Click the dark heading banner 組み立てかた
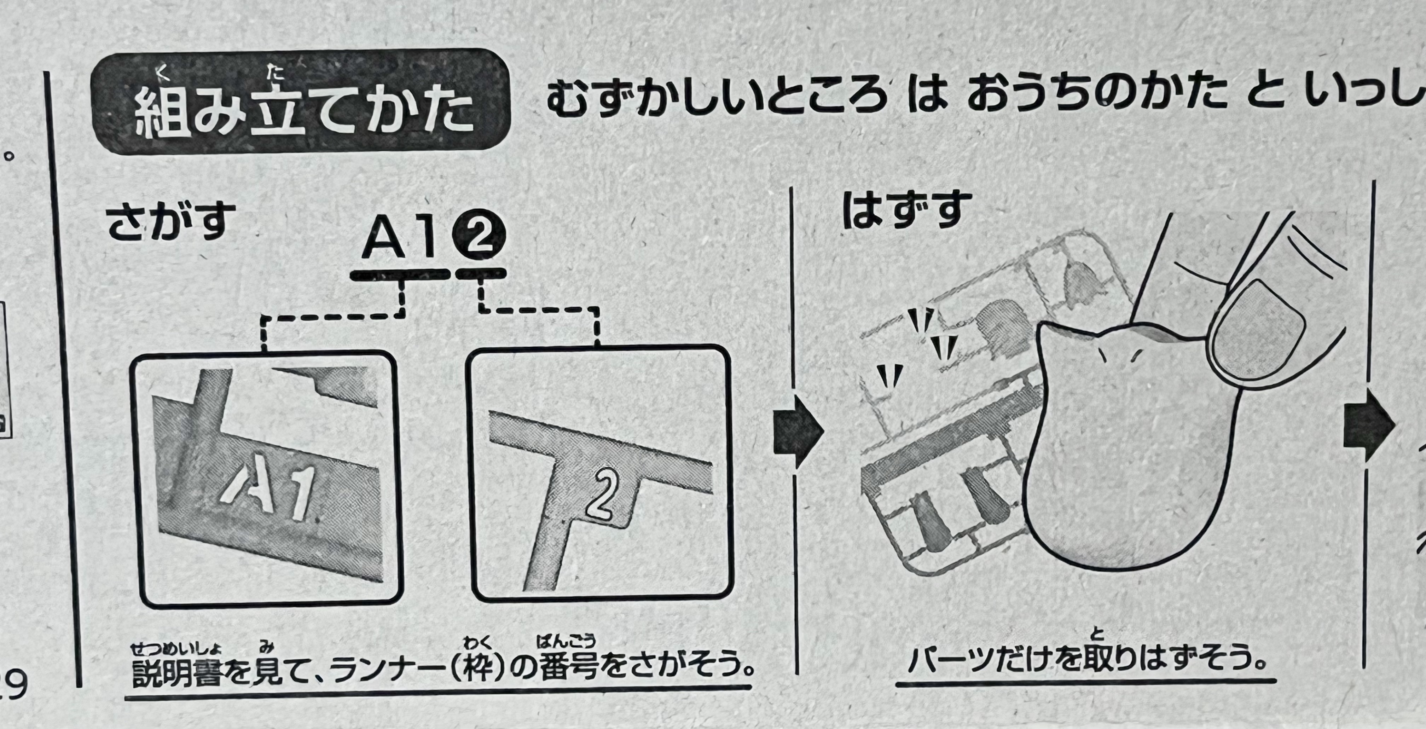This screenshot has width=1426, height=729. click(299, 103)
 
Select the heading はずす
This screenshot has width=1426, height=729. click(907, 210)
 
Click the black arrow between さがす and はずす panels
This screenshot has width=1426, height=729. click(798, 432)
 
